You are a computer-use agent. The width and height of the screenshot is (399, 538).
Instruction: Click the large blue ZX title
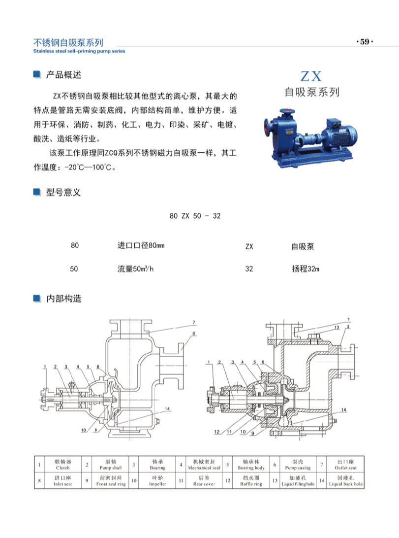311,76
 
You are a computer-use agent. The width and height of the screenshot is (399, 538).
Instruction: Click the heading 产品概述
63,75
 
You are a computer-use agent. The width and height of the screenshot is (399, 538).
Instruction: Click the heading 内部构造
63,299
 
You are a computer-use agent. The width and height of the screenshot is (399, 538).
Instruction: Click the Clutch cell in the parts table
63,465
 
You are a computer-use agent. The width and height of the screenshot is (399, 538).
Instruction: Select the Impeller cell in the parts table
157,481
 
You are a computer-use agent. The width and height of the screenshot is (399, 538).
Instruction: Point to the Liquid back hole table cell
346,481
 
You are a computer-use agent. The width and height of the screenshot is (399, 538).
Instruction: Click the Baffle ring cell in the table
251,481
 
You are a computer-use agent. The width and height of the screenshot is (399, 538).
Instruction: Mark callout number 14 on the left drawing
168,409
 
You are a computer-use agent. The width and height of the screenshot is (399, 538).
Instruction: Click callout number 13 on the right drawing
337,328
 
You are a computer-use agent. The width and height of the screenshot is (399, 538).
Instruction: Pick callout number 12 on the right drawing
216,432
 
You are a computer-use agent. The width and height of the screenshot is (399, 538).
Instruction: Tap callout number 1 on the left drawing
44,366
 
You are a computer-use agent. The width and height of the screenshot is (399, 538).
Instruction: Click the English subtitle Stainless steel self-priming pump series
79,51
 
